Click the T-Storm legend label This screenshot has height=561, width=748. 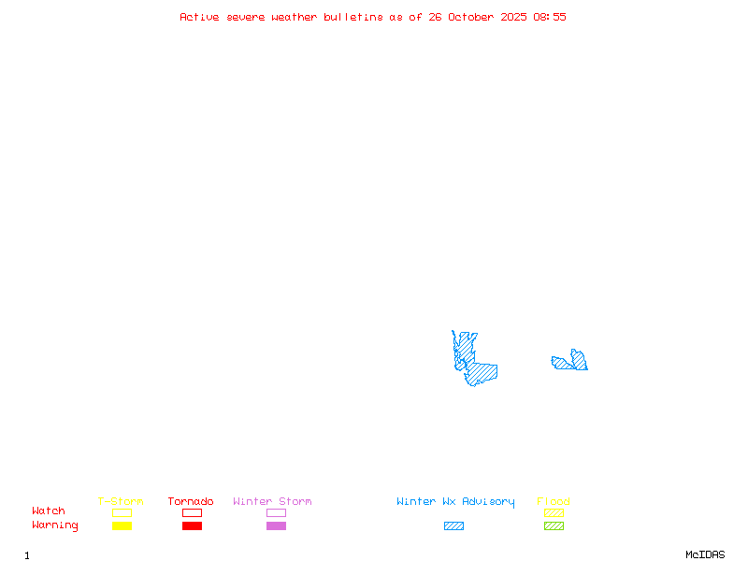(x=121, y=502)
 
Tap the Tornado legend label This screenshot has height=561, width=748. (x=191, y=502)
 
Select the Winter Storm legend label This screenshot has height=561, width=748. (x=272, y=502)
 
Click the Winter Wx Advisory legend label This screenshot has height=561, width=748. (x=455, y=502)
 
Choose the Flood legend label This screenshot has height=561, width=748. (x=554, y=502)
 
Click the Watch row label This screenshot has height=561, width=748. (x=49, y=511)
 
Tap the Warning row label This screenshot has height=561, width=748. (x=54, y=525)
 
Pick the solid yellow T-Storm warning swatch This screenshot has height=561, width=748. (x=122, y=526)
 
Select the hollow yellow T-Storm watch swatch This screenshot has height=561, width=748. (x=122, y=512)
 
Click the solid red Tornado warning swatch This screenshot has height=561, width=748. (x=192, y=526)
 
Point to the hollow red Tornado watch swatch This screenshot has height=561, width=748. (x=192, y=512)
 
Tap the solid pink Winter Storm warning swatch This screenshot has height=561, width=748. (x=276, y=526)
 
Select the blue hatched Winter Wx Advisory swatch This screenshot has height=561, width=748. (x=453, y=526)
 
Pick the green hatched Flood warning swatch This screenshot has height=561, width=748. (x=554, y=526)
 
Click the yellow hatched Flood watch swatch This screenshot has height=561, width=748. (x=554, y=512)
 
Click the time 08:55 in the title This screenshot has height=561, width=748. (x=550, y=17)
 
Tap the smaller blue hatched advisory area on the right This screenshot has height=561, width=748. (x=571, y=362)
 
